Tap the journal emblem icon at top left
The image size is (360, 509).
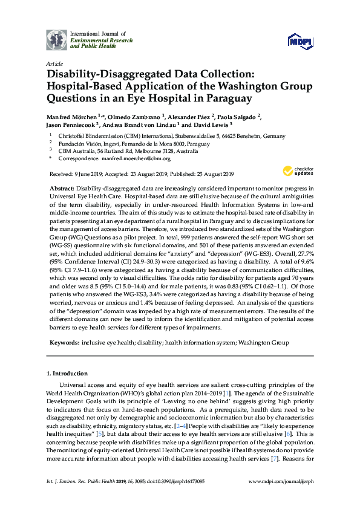(x=56, y=39)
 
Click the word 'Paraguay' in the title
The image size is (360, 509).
(x=226, y=97)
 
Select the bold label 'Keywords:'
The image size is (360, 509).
(x=64, y=342)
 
